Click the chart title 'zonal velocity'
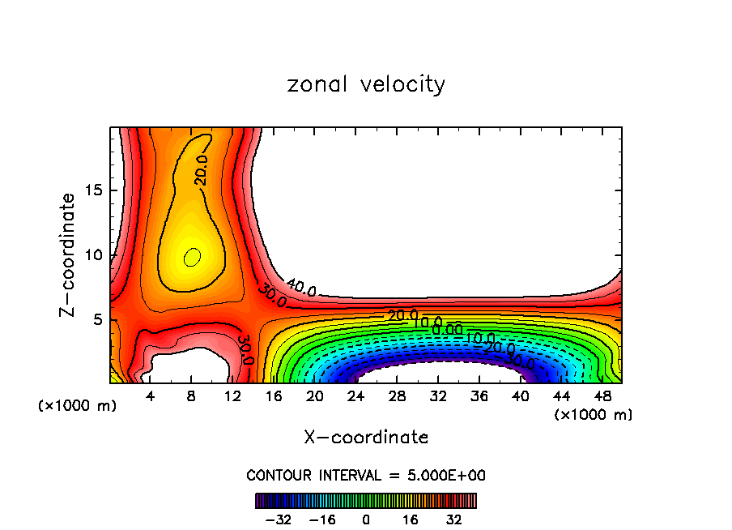click(366, 84)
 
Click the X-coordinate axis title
click(366, 438)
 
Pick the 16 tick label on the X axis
click(274, 397)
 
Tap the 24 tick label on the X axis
click(356, 397)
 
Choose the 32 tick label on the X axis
click(438, 397)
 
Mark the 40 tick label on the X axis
click(520, 397)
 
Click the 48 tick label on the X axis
click(602, 397)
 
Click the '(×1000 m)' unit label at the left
click(78, 406)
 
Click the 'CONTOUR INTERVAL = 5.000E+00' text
click(366, 475)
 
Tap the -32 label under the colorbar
click(278, 519)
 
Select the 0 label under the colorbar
click(366, 519)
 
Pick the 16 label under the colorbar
click(410, 519)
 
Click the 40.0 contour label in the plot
click(300, 287)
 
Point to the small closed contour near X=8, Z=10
click(192, 258)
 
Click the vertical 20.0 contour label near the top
click(202, 171)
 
